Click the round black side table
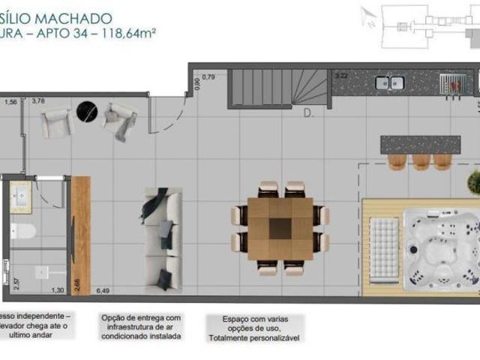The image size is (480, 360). point(88,112)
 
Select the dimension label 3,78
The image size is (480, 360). point(37,100)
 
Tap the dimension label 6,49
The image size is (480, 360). point(103,290)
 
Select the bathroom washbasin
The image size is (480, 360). point(20,197)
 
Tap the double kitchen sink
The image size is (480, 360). point(388,82)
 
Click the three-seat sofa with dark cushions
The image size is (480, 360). point(162,238)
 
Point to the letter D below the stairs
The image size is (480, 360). point(307,114)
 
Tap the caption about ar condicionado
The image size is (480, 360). point(141,327)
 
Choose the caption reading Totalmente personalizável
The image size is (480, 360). point(256,338)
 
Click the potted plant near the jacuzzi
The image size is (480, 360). point(474,181)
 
